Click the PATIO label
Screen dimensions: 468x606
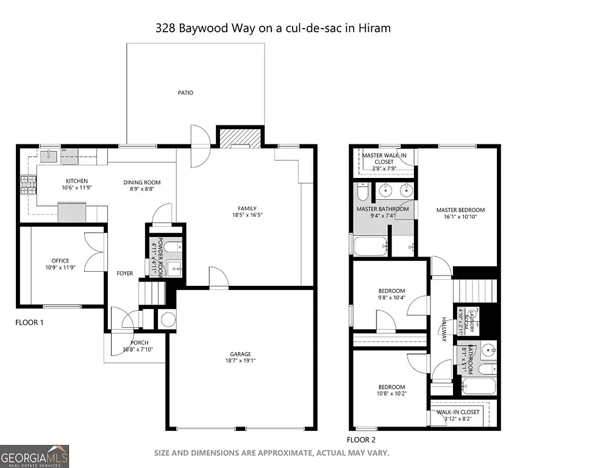click(185, 93)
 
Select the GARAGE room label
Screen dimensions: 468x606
click(240, 354)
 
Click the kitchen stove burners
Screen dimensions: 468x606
click(27, 185)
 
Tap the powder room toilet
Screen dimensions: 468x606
click(171, 247)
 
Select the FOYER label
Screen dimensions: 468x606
click(125, 274)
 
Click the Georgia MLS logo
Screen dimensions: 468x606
click(35, 456)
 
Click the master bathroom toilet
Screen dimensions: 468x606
click(363, 193)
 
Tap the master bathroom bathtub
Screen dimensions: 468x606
click(371, 247)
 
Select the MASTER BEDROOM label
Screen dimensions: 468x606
click(460, 210)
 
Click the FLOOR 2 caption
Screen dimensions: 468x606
click(361, 439)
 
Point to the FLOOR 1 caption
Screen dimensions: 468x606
click(29, 322)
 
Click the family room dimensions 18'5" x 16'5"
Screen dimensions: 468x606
click(247, 215)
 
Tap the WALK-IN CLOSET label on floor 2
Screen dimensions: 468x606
click(458, 412)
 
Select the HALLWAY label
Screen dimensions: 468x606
click(444, 330)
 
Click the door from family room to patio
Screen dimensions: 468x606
click(200, 146)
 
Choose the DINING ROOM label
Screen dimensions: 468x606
click(141, 182)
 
